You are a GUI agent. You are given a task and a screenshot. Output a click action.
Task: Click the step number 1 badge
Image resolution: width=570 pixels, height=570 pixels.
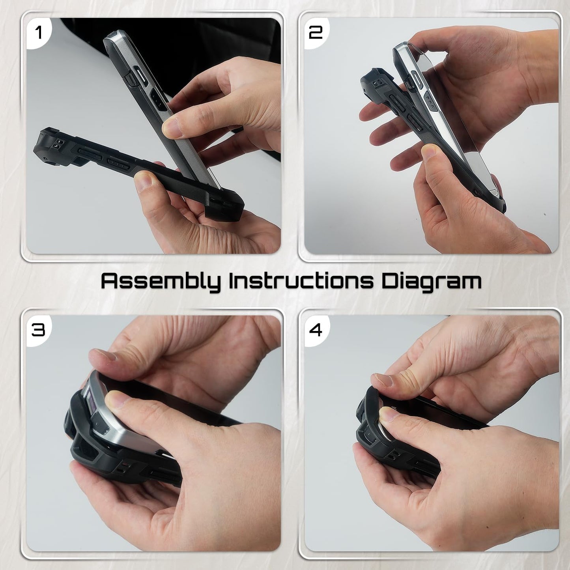click(38, 32)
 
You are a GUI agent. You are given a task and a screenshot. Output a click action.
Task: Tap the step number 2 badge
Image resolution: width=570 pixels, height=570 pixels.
click(316, 32)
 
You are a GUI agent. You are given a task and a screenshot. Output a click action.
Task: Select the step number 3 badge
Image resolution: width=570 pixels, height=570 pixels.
click(38, 329)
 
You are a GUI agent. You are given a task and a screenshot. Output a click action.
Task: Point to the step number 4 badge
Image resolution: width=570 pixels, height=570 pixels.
click(316, 329)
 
